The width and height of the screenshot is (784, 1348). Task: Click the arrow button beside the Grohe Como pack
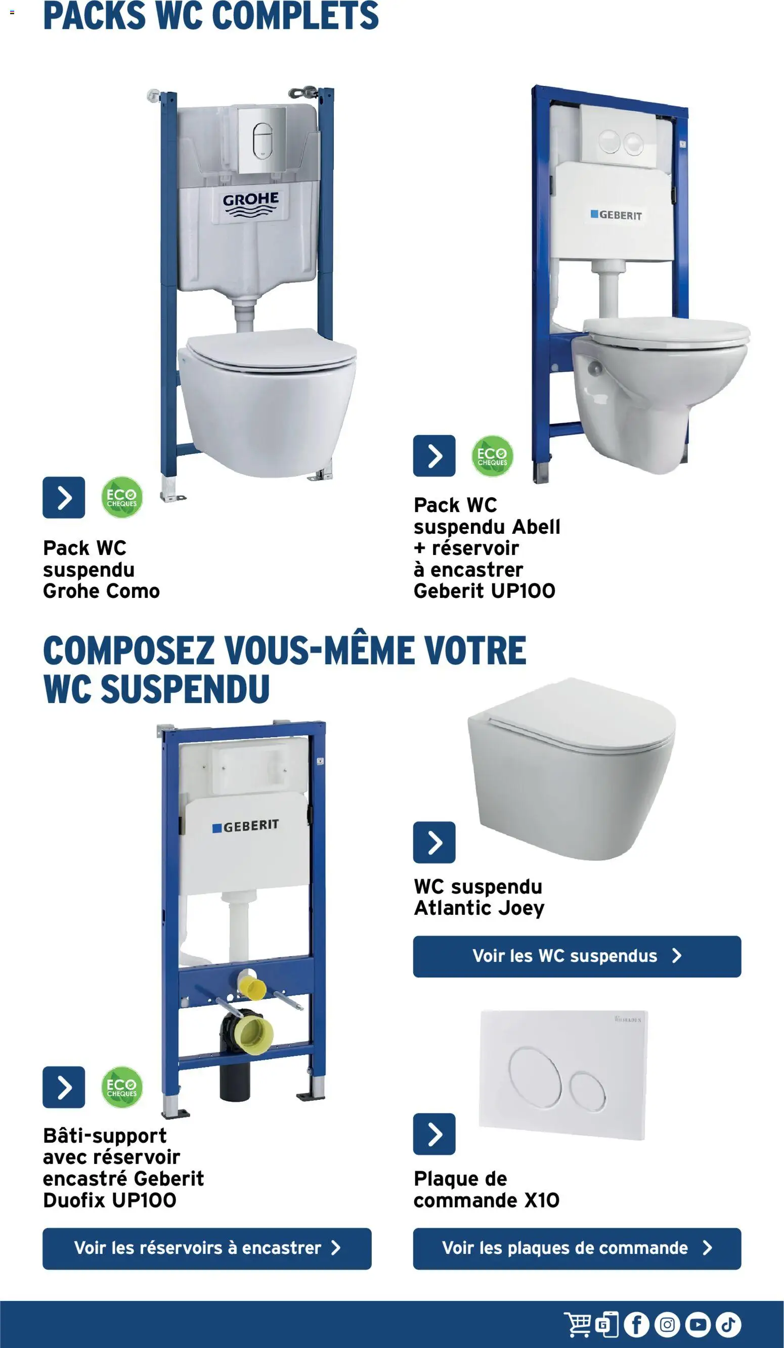(64, 497)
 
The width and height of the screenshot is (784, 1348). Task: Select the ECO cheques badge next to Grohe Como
(122, 497)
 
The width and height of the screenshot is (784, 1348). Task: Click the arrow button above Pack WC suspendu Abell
(434, 456)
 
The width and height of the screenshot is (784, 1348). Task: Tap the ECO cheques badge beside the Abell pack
(492, 456)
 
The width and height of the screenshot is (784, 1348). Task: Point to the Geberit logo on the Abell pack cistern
(616, 215)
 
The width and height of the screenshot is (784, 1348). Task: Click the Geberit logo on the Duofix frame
(246, 826)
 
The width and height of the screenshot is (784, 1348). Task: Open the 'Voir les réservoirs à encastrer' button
(207, 1248)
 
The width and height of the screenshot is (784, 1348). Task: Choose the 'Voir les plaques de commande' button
(577, 1248)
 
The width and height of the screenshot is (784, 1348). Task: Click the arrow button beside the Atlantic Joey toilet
(434, 843)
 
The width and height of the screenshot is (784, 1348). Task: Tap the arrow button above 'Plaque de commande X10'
(434, 1134)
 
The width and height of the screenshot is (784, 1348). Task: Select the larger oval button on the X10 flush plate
(535, 1077)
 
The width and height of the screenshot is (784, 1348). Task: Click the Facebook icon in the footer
(636, 1324)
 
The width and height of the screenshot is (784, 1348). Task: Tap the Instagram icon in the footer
(667, 1324)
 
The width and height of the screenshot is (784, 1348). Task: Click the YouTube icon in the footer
(698, 1324)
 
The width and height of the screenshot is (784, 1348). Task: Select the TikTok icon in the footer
(728, 1324)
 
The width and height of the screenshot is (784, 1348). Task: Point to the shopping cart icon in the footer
(578, 1324)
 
